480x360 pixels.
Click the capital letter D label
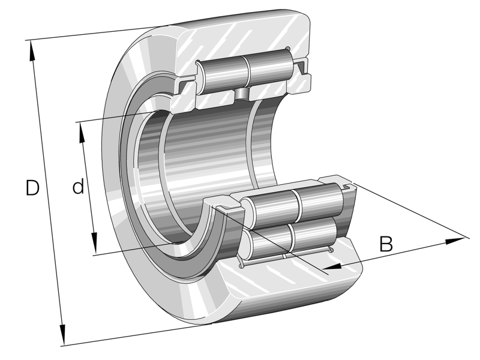[x=32, y=188]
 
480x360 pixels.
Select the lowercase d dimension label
[x=78, y=188]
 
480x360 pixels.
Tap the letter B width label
[x=386, y=244]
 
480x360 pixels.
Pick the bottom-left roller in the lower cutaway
[x=266, y=243]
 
